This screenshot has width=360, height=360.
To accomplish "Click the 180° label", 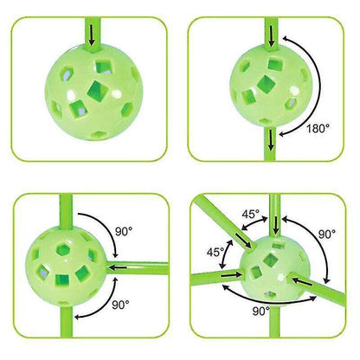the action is tap(318, 128).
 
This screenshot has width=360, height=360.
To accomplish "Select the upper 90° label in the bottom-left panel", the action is tap(124, 232).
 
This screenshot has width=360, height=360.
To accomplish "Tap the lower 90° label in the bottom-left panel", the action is tap(120, 305).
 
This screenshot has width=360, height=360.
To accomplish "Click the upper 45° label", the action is tap(251, 215).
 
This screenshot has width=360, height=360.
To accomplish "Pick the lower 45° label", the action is tap(215, 252).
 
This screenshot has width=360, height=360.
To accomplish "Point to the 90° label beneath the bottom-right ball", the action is tap(261, 312).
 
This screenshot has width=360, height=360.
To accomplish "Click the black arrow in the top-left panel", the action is tap(92, 35).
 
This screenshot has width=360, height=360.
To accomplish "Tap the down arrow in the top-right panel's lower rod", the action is tap(271, 139).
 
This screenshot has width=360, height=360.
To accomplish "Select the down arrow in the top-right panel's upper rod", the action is tap(271, 36).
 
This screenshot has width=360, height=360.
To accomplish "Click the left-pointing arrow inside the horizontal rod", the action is tap(119, 268).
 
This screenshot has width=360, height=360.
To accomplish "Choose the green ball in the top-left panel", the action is tap(93, 93).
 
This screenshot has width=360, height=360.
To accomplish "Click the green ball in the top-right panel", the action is tap(270, 86).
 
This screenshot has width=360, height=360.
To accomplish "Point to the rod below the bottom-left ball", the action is tap(67, 320).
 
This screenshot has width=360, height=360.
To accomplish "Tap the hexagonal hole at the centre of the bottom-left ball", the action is tap(62, 249).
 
